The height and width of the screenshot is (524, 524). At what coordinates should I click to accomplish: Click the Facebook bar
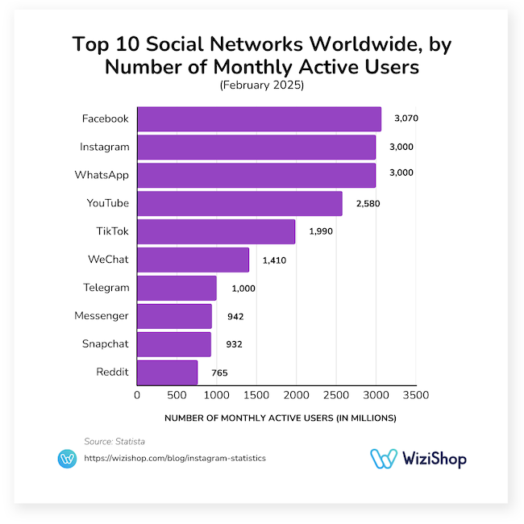pyautogui.click(x=259, y=119)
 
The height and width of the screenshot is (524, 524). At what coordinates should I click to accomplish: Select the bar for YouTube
pyautogui.click(x=239, y=203)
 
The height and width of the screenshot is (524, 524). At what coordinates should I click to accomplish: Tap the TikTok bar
pyautogui.click(x=216, y=231)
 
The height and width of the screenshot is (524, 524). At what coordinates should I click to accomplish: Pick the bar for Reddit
pyautogui.click(x=167, y=372)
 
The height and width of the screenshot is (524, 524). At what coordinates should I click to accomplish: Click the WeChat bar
pyautogui.click(x=193, y=260)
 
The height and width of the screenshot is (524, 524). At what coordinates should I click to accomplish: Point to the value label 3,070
pyautogui.click(x=406, y=119)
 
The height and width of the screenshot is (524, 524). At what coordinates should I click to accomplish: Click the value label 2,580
pyautogui.click(x=367, y=203)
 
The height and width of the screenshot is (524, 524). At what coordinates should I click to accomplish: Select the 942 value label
pyautogui.click(x=235, y=316)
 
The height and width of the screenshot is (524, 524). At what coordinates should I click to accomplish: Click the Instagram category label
pyautogui.click(x=104, y=147)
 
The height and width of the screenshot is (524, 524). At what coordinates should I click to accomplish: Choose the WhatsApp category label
pyautogui.click(x=102, y=175)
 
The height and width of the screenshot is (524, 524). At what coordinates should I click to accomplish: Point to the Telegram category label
pyautogui.click(x=106, y=288)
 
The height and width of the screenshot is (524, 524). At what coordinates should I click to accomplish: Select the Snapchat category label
pyautogui.click(x=105, y=344)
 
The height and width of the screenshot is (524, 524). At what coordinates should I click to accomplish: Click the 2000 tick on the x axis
pyautogui.click(x=296, y=396)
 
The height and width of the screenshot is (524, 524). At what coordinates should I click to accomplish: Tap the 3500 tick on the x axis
pyautogui.click(x=415, y=396)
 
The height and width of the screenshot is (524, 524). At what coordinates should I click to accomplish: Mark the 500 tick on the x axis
pyautogui.click(x=177, y=396)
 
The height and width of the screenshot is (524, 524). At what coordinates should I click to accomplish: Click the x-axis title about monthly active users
pyautogui.click(x=281, y=418)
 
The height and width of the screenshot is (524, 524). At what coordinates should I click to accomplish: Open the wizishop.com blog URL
pyautogui.click(x=175, y=458)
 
